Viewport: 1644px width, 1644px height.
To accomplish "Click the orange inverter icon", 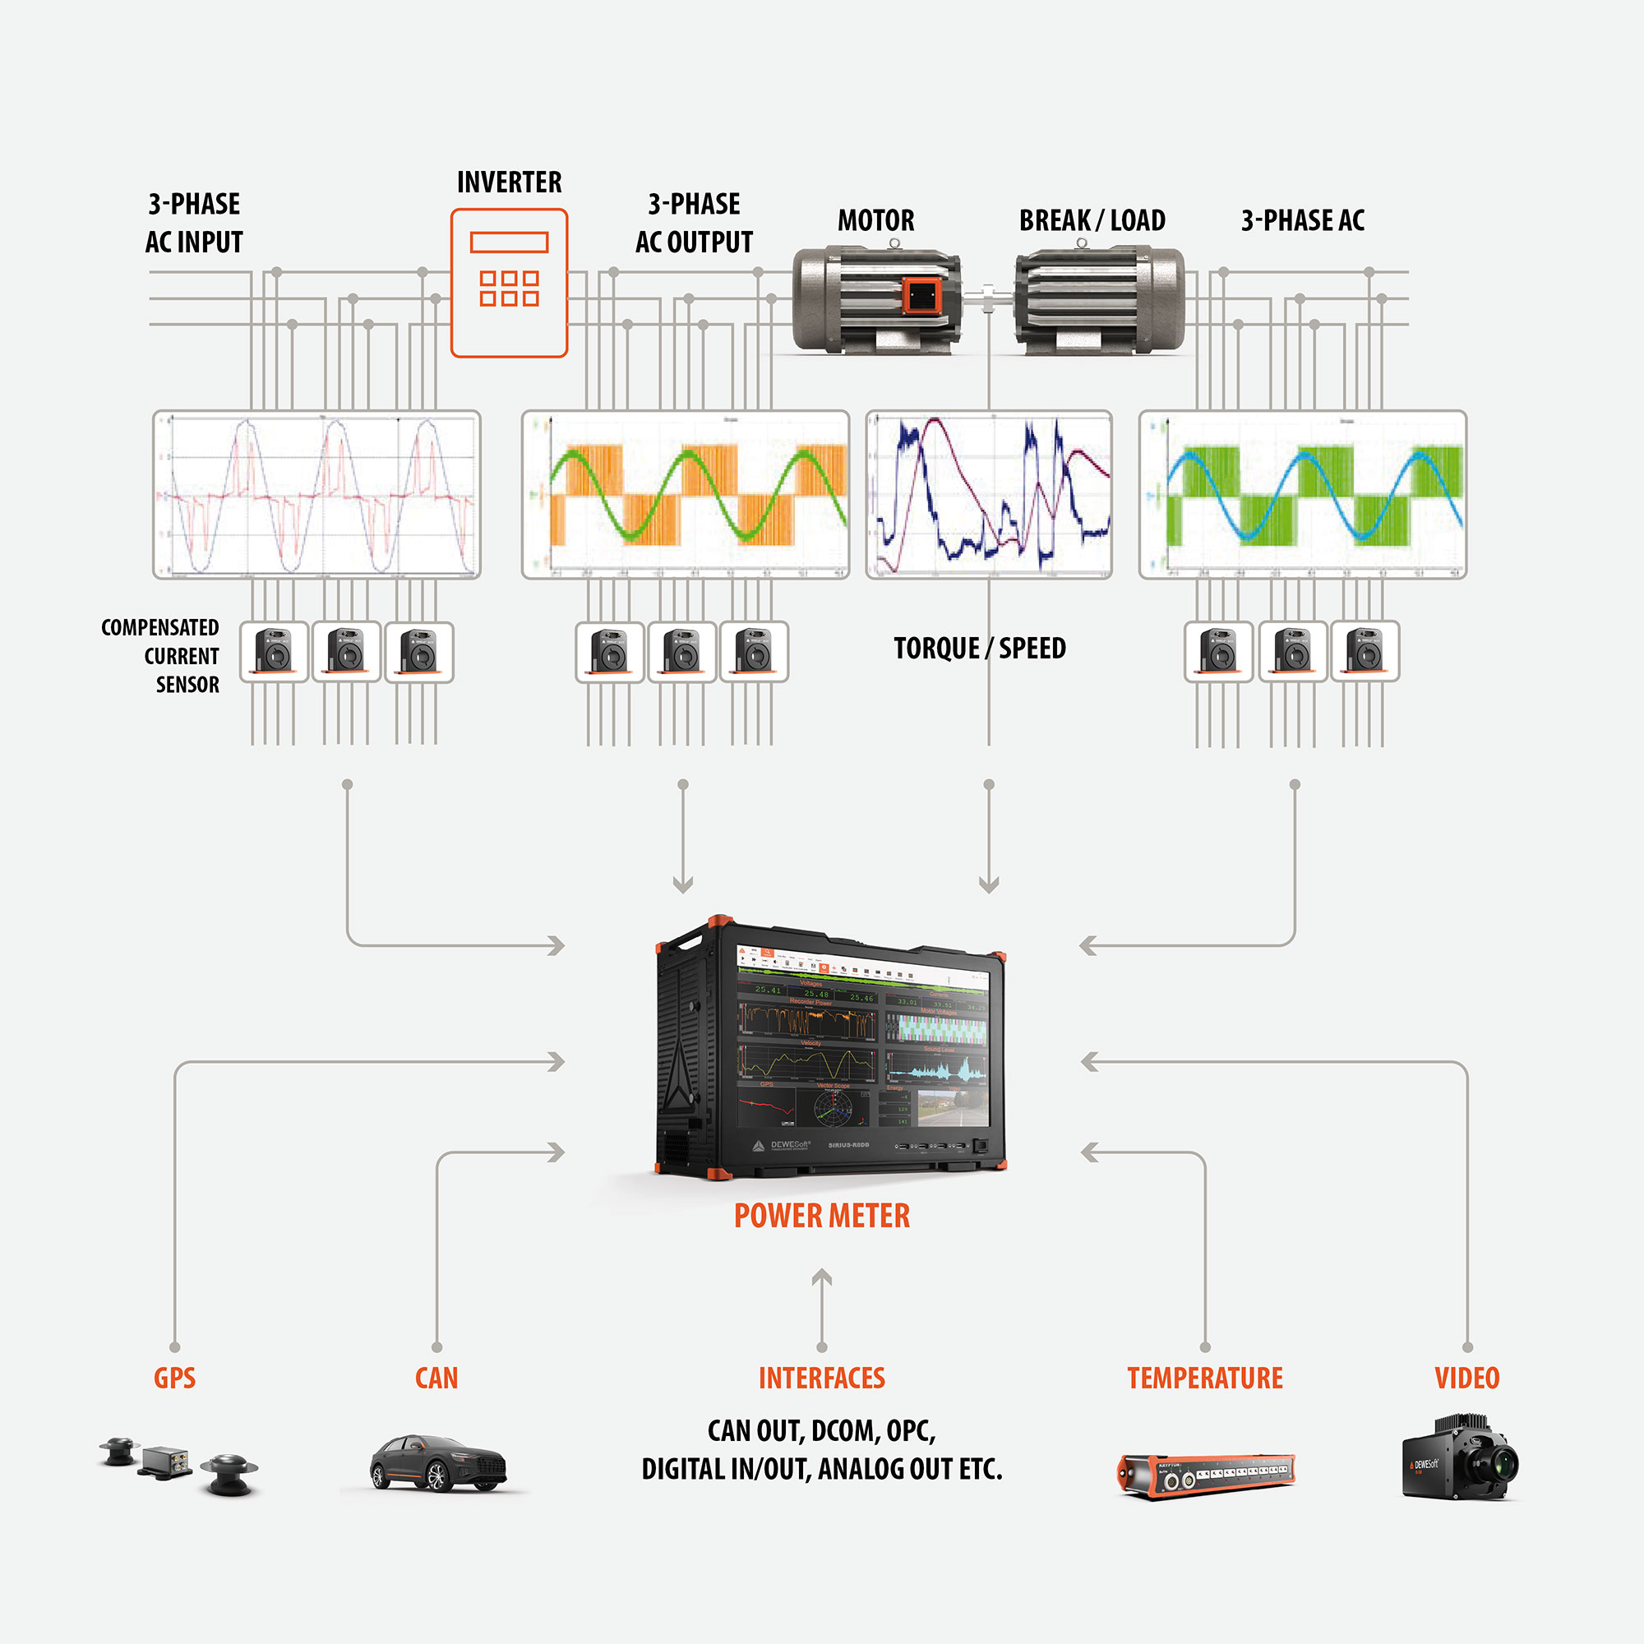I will click(509, 283).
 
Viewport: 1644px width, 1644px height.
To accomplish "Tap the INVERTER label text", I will click(509, 182).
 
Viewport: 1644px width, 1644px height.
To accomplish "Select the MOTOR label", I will click(875, 220).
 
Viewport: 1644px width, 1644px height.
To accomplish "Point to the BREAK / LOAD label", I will click(1092, 220).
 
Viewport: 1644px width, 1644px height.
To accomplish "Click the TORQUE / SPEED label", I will click(980, 649).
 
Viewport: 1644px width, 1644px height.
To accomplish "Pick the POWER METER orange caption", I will click(822, 1216).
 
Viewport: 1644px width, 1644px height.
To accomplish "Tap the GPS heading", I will click(174, 1378).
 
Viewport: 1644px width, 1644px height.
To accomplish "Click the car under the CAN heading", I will click(437, 1463).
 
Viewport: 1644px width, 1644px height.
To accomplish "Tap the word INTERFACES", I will click(822, 1378).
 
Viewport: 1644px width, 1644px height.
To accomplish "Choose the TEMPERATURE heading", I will click(1205, 1378).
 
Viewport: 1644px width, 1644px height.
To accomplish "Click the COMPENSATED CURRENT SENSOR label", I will click(161, 656).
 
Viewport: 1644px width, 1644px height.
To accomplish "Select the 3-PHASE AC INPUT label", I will click(194, 223).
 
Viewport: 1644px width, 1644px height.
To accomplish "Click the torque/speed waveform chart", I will click(989, 494).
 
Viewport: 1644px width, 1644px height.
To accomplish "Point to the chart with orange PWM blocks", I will click(685, 494).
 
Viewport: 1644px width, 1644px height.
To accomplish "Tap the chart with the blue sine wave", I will click(1303, 494).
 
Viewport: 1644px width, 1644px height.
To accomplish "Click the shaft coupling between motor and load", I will click(988, 298).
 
